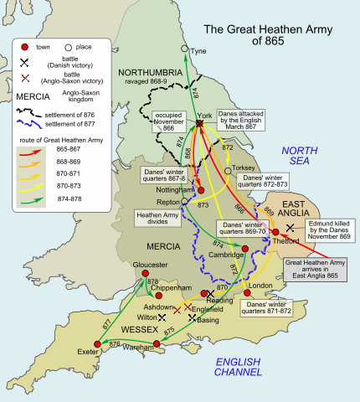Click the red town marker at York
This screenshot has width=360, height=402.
click(x=199, y=124)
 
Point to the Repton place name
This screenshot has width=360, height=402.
click(x=169, y=203)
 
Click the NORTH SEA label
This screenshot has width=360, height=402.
click(x=298, y=156)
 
